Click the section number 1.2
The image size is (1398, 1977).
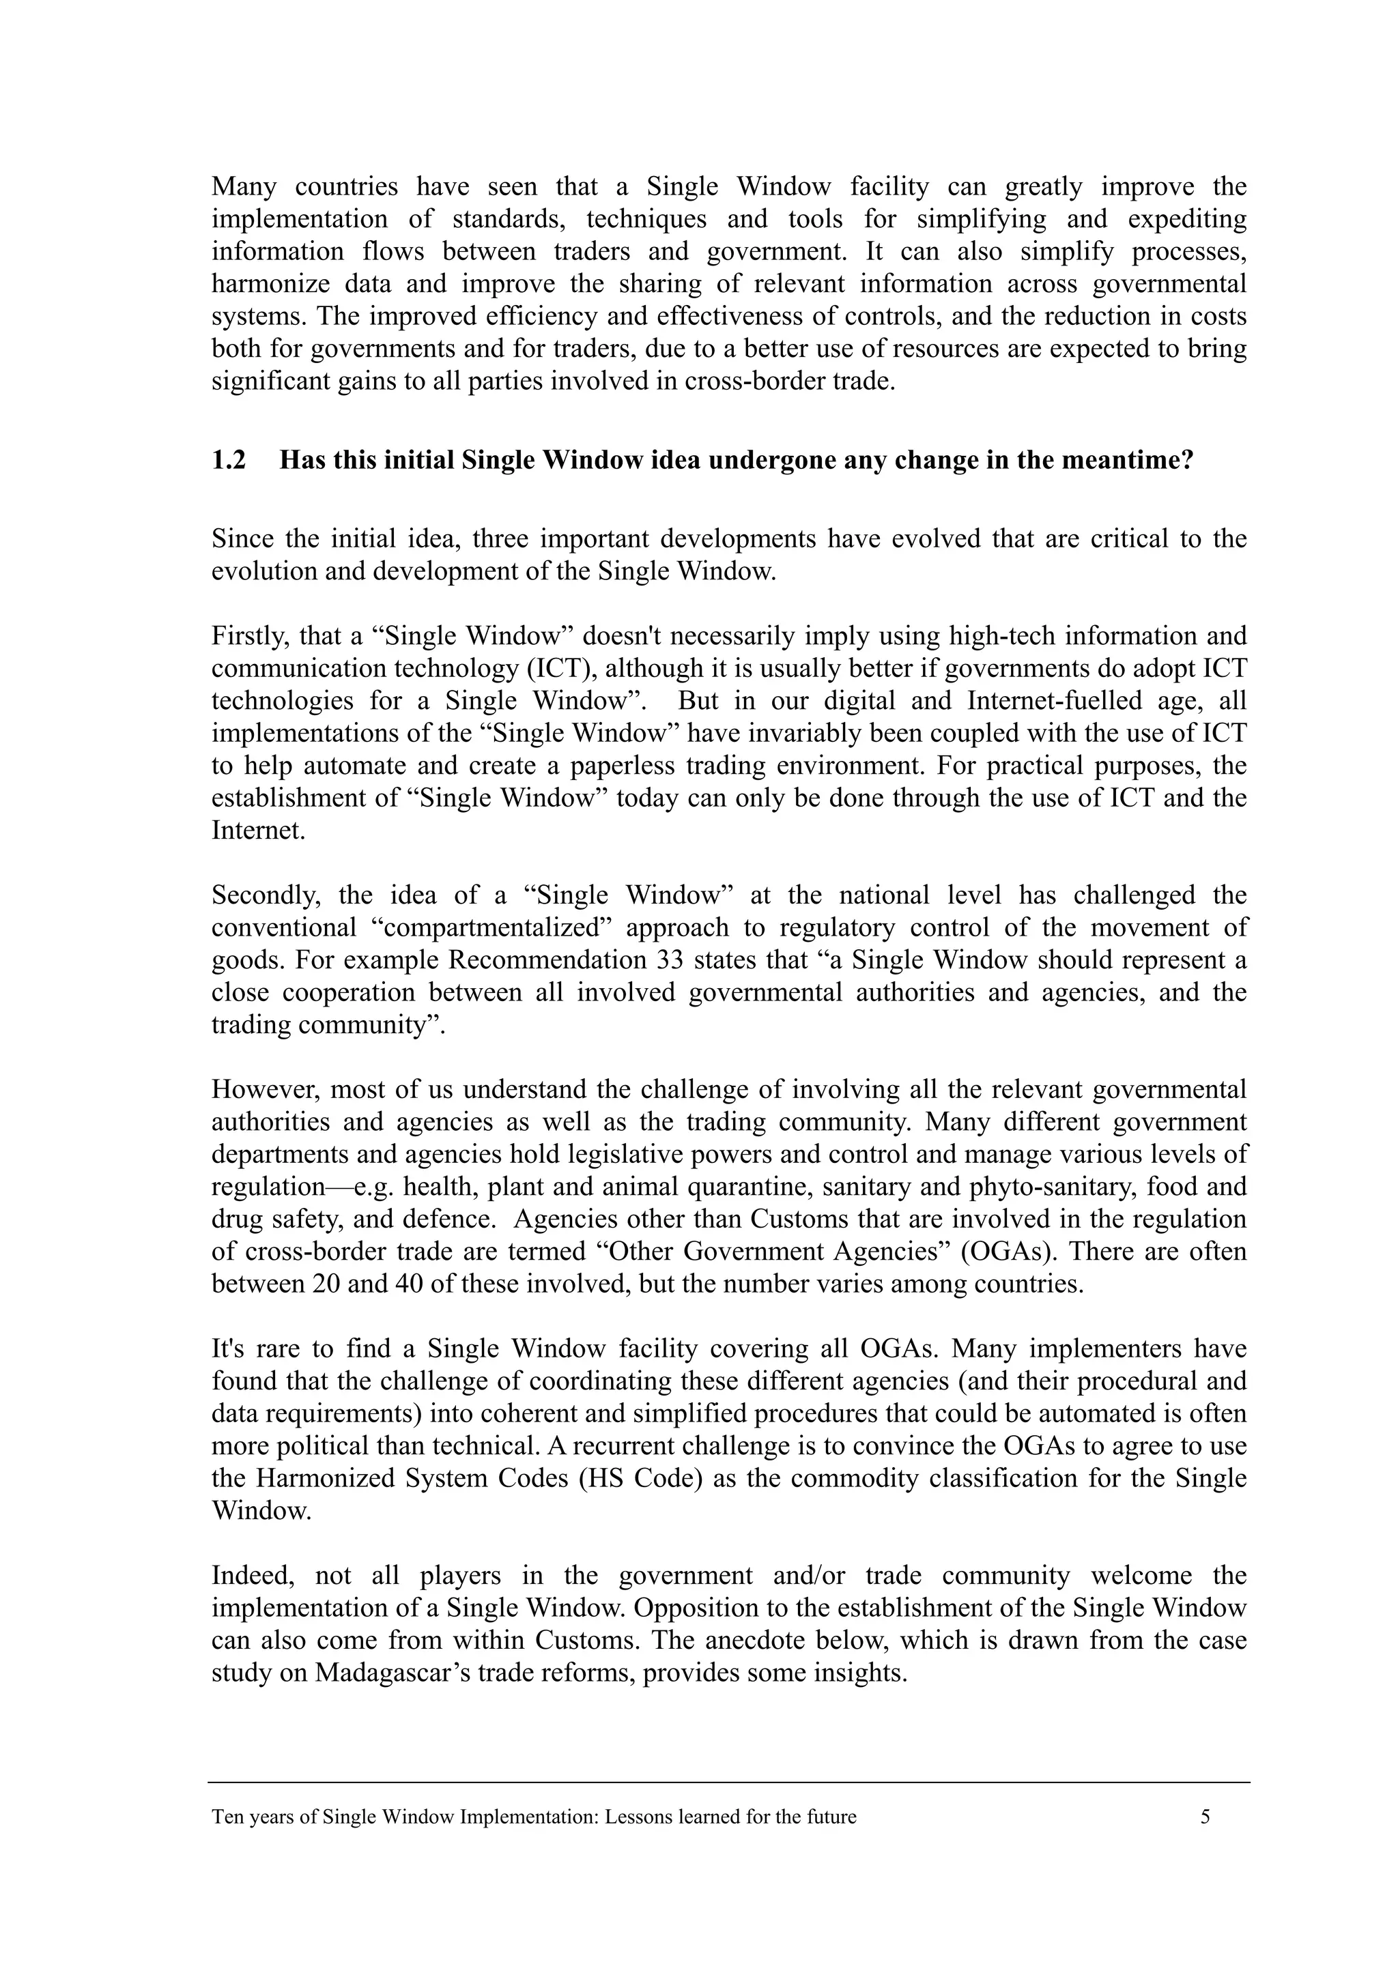(x=228, y=461)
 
